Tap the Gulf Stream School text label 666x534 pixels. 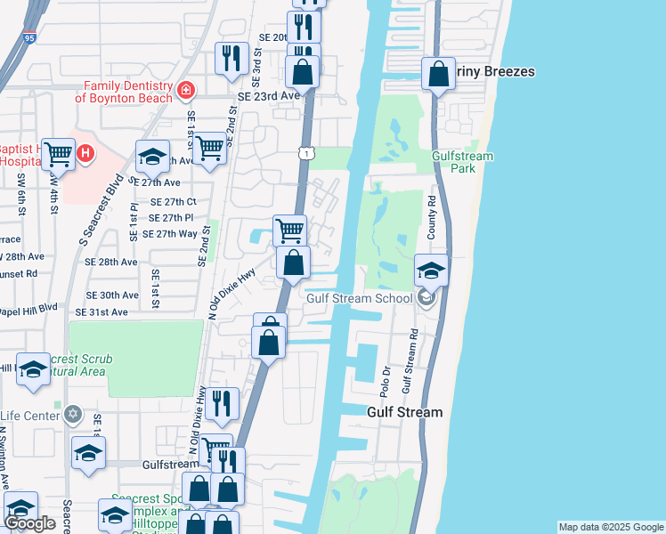pos(359,298)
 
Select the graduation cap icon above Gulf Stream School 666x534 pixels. pos(431,270)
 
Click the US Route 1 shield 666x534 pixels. pos(305,154)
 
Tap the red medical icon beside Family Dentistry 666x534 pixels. pos(185,90)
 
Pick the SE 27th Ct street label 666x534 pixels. pos(173,203)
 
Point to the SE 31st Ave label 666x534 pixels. pos(102,312)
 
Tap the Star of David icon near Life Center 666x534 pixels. pos(72,415)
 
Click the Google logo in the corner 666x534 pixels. pos(31,523)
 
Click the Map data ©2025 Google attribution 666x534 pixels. pos(611,527)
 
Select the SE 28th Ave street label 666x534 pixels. pos(111,263)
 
